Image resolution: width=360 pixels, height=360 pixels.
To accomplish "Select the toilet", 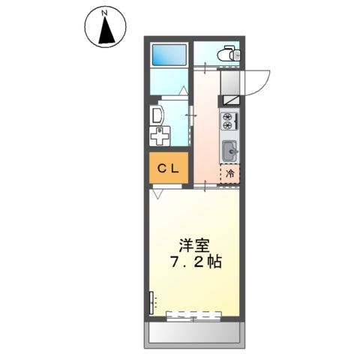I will click(227, 54).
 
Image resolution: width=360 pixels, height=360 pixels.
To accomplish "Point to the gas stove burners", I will click(229, 119).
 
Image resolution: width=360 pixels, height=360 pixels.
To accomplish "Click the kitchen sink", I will click(229, 150).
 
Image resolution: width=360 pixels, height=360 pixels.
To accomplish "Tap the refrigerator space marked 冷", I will click(229, 174).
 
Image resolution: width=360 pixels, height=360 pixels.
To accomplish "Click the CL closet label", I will click(167, 169).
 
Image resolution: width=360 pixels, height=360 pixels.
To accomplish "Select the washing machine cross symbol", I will click(159, 137).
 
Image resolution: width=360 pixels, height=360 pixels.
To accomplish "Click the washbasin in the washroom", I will click(157, 115).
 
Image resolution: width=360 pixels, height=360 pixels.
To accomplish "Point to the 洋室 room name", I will click(193, 245).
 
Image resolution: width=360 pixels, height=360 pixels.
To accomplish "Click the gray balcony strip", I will click(193, 331).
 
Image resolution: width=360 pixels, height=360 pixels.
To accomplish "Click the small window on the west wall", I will click(150, 302).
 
